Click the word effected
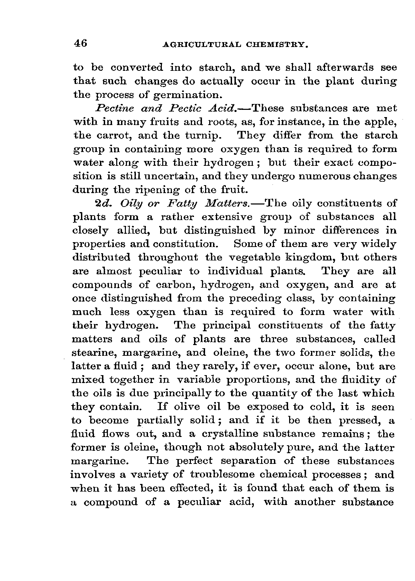click(188, 488)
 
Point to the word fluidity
click(361, 380)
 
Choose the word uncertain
click(168, 177)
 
